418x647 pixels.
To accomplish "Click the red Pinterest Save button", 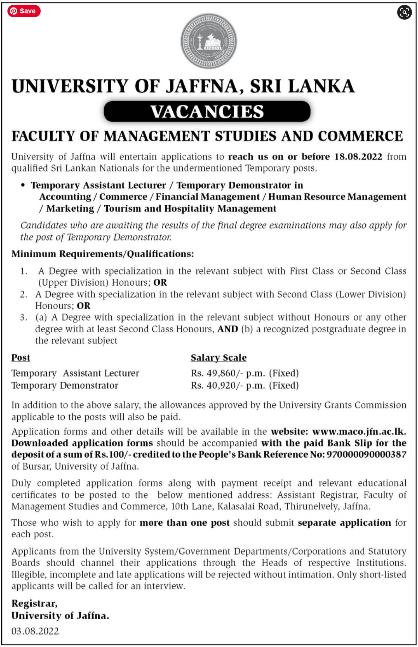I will [x=24, y=11].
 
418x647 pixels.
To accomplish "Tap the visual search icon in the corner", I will [x=404, y=12].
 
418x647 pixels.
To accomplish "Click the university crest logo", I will [x=209, y=41].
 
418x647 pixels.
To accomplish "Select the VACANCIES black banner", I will [x=207, y=111].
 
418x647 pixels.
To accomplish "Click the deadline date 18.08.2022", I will [x=358, y=157].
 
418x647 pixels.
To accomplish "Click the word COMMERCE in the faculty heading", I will [x=360, y=136].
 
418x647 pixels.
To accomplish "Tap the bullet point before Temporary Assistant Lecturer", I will [x=23, y=185].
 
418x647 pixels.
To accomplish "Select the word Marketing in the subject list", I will [x=70, y=209].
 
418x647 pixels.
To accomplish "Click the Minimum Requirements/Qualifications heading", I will [x=102, y=254].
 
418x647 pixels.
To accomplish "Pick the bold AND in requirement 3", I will [x=228, y=329].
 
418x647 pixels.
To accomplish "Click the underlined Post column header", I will [x=20, y=358].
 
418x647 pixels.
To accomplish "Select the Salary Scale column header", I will [x=219, y=358].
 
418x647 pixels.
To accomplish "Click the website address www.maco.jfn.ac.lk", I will [x=359, y=431].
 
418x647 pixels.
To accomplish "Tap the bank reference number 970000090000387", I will [x=366, y=454].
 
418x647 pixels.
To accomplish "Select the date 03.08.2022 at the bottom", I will [x=35, y=631].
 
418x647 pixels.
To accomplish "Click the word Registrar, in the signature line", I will [x=34, y=603].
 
